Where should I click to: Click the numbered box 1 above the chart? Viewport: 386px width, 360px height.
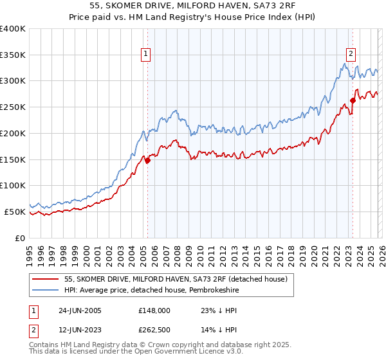pos(147,54)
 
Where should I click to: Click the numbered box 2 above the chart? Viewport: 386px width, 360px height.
pos(351,54)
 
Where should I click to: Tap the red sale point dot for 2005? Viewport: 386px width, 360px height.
pos(147,161)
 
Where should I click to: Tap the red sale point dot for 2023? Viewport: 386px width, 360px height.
pos(353,100)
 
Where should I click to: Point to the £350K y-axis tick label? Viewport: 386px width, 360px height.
pos(13,55)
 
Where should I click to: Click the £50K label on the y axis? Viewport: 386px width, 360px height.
pos(15,212)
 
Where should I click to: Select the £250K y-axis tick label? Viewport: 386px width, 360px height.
pos(13,107)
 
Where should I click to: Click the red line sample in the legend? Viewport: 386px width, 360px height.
pos(46,278)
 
